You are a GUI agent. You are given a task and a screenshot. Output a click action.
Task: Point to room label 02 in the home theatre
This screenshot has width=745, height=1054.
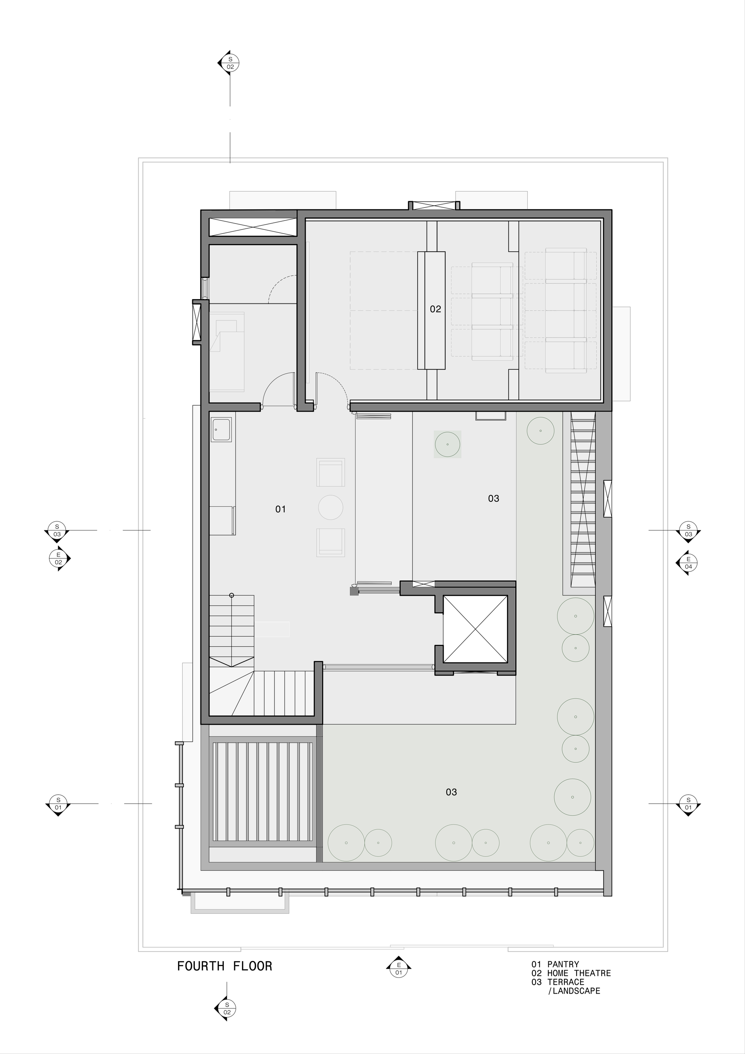(435, 309)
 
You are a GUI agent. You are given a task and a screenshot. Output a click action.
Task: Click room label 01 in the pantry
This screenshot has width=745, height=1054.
(280, 509)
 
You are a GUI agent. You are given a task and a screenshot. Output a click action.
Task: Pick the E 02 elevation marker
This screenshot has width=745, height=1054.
(59, 559)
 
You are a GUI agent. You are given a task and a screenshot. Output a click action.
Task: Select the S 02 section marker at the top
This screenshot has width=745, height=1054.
(230, 63)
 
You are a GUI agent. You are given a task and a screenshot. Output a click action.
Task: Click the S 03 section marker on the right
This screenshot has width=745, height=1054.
(688, 530)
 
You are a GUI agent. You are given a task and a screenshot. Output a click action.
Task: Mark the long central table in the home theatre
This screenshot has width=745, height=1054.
(431, 310)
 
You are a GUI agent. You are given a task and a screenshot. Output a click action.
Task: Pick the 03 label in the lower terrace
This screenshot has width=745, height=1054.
(451, 792)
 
